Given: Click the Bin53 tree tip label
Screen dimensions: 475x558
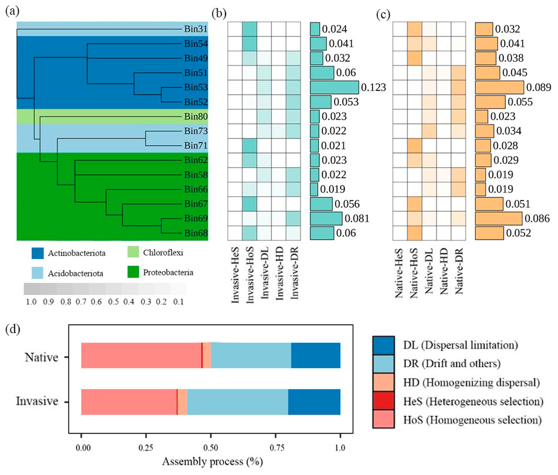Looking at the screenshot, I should [x=196, y=87].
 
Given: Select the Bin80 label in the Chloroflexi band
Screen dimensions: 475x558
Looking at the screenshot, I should [x=196, y=117].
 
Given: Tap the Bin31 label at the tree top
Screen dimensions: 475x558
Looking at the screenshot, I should [x=196, y=29].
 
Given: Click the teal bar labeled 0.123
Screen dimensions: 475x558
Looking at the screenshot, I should [x=334, y=87].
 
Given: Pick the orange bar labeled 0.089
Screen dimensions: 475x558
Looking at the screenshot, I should [x=499, y=87].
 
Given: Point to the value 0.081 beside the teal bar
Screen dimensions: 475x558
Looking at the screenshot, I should [x=357, y=218].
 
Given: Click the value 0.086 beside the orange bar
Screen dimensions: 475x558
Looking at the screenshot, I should [x=537, y=218].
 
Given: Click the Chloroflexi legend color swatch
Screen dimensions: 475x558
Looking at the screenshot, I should [x=133, y=252].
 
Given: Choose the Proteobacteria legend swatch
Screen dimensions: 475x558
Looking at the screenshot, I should [x=133, y=272].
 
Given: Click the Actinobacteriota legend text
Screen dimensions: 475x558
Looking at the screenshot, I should [x=77, y=253].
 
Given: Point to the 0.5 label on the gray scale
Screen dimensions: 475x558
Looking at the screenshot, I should [x=113, y=302].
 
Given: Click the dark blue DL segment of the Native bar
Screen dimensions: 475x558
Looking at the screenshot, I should [x=315, y=355].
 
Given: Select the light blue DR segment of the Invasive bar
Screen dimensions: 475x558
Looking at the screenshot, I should [x=237, y=402].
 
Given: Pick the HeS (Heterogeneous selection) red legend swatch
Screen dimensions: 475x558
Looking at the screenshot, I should [x=384, y=401].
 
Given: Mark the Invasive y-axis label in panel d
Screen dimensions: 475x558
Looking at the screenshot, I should [x=37, y=401].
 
